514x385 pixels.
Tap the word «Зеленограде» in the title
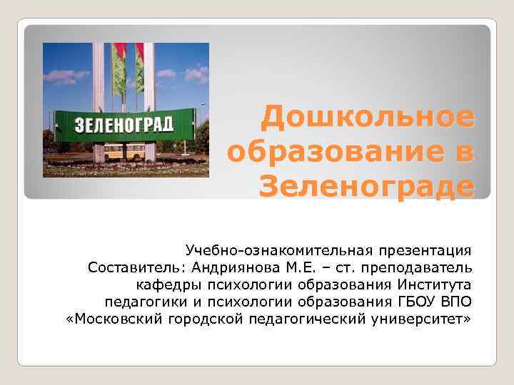(x=366, y=187)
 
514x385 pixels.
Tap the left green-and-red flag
(x=119, y=68)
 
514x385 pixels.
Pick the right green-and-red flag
(x=139, y=68)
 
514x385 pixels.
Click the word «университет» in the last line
(x=425, y=318)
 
